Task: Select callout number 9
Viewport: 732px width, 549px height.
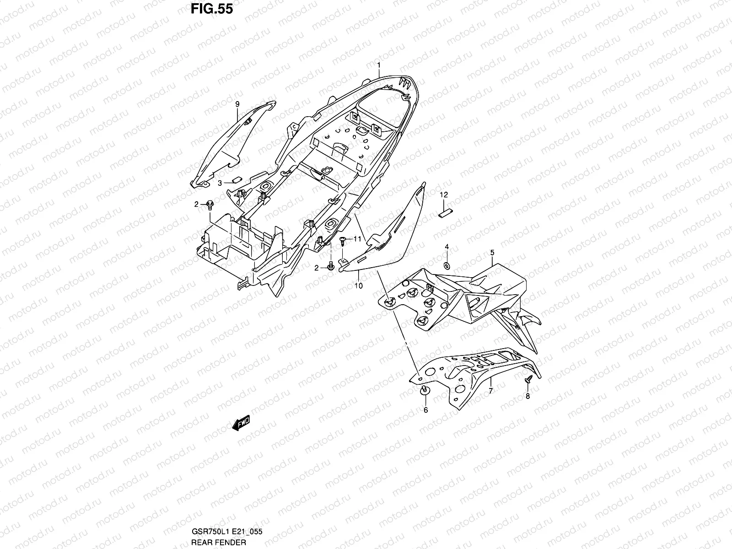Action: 237,105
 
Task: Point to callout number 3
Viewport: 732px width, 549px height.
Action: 220,183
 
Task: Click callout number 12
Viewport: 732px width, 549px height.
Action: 443,195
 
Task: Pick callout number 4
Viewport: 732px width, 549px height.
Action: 447,247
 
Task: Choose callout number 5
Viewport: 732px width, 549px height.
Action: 492,253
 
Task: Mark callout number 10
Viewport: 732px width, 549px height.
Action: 359,286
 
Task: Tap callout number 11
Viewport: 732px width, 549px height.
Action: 357,239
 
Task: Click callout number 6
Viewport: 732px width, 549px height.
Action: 425,410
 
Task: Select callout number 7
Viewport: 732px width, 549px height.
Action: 490,391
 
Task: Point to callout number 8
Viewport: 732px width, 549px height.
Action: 527,396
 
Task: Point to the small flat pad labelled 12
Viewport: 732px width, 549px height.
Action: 445,213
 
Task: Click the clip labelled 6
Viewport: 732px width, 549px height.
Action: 424,390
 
